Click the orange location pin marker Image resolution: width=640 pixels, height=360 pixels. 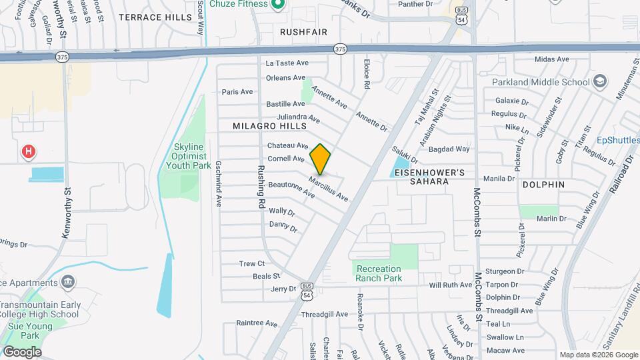coord(320,159)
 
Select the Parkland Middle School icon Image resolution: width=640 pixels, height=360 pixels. coord(600,82)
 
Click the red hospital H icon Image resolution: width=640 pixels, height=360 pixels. coord(28,152)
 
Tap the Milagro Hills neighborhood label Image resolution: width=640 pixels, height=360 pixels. coord(269,126)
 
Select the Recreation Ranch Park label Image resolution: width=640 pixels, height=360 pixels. coord(379,273)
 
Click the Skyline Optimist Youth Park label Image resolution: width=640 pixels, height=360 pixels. coord(192,156)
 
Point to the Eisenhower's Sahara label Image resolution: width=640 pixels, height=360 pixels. coord(428,177)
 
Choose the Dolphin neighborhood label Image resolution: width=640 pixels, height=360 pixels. coord(543,184)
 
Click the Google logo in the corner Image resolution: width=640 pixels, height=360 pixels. coord(21,351)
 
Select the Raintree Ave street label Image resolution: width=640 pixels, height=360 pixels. coord(257,323)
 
